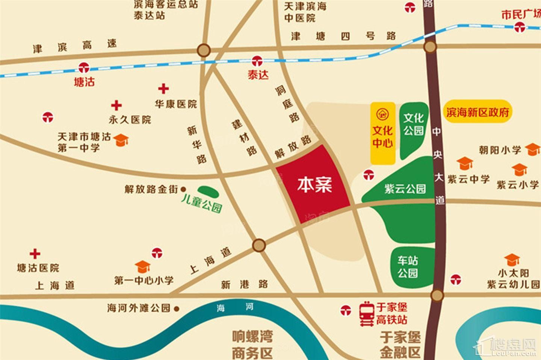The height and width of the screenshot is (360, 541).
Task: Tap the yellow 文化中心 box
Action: [x=383, y=133]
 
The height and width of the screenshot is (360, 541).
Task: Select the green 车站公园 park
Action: [x=410, y=267]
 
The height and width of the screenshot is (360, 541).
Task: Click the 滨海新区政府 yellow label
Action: [x=478, y=112]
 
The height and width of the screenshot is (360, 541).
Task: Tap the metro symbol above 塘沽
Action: [x=83, y=68]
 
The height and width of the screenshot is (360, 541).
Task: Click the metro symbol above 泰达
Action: [x=257, y=60]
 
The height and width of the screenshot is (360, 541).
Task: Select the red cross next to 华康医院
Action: [x=163, y=89]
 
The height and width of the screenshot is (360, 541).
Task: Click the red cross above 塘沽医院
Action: [x=35, y=254]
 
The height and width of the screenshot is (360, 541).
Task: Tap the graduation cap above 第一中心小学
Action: [x=143, y=267]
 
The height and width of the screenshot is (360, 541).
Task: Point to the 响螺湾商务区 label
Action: [x=252, y=345]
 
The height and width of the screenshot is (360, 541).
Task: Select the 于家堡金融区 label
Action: [x=400, y=345]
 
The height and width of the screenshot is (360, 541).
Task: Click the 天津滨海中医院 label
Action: [x=305, y=12]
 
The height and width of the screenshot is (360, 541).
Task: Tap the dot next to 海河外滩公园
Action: [x=177, y=309]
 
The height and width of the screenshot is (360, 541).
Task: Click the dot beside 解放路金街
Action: [x=183, y=189]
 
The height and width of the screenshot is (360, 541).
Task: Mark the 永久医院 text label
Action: [x=130, y=120]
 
